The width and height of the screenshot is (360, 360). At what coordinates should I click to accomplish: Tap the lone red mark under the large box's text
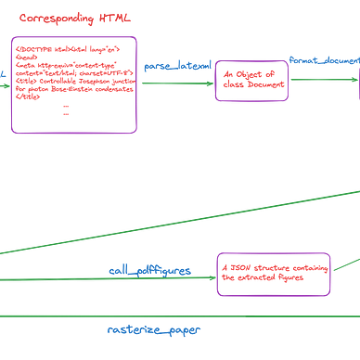pos(65,110)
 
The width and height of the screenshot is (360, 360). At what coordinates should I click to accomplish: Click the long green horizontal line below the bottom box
pos(186,315)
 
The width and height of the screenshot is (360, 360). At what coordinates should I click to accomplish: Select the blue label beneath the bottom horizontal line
pos(153,329)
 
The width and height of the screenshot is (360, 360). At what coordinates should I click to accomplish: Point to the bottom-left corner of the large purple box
pos(12,132)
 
